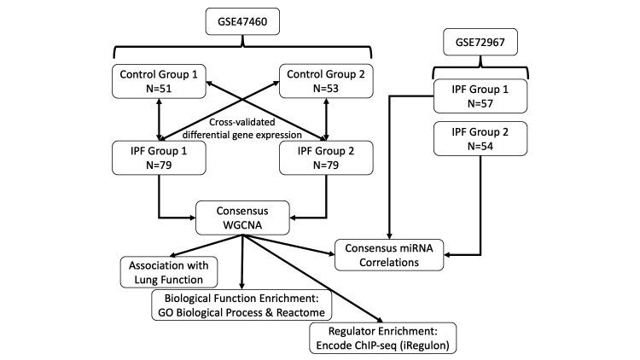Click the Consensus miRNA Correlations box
point(391,254)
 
